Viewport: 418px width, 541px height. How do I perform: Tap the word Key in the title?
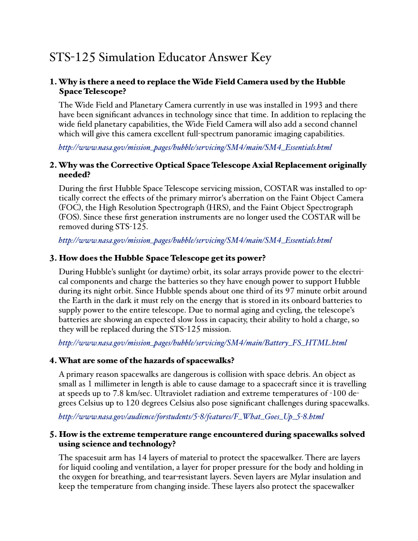(261, 57)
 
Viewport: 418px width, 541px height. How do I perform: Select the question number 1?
(52, 82)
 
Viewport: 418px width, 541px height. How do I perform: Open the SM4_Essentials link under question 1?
(195, 148)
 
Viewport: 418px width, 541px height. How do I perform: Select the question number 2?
(53, 165)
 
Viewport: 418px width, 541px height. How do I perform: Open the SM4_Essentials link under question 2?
(195, 241)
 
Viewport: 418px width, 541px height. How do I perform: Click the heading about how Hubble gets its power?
(162, 258)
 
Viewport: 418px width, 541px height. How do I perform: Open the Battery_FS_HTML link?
(202, 343)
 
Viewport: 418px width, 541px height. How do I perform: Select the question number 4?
(53, 361)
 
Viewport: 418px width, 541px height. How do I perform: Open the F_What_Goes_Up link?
(191, 417)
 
